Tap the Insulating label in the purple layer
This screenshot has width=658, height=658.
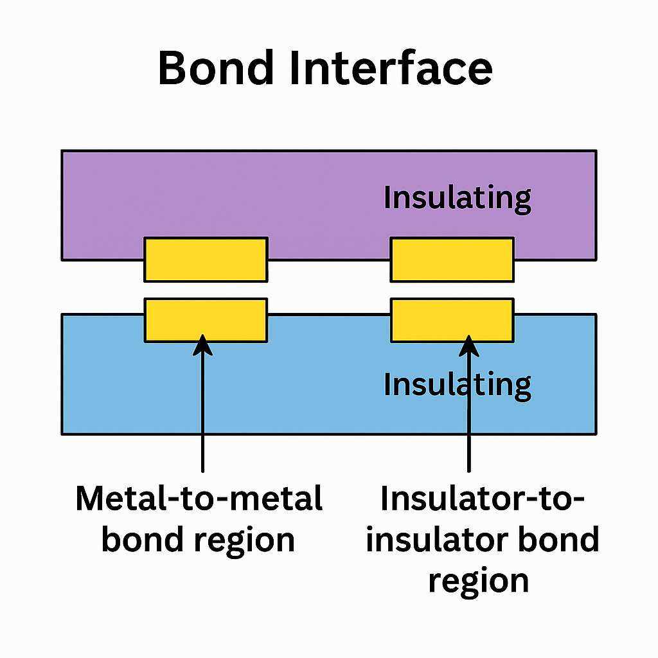pyautogui.click(x=457, y=198)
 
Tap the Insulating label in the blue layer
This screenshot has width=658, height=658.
pyautogui.click(x=457, y=384)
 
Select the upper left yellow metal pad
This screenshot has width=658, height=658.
pyautogui.click(x=206, y=260)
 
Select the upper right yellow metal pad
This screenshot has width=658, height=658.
pyautogui.click(x=452, y=260)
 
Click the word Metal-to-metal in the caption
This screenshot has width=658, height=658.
pyautogui.click(x=199, y=499)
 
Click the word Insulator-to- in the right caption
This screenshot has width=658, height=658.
pyautogui.click(x=483, y=499)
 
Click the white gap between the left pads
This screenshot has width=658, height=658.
pyautogui.click(x=206, y=290)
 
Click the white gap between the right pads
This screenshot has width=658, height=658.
pyautogui.click(x=452, y=290)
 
